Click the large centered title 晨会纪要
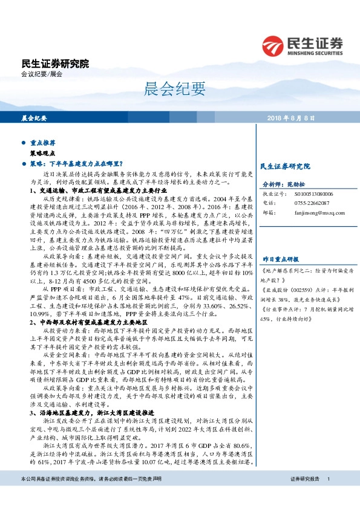click(180, 89)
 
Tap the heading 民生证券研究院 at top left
click(55, 63)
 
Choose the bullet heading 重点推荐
click(44, 144)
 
